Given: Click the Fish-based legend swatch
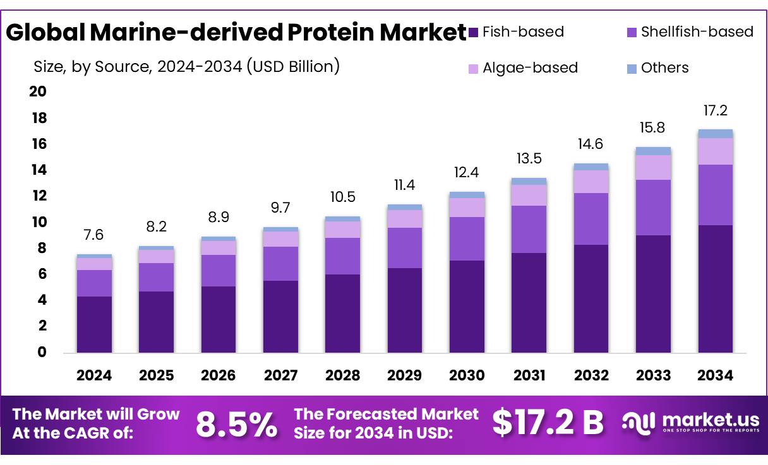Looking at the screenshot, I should (x=473, y=32).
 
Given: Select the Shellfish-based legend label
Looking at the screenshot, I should (x=697, y=32).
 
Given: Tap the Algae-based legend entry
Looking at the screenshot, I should (x=530, y=68).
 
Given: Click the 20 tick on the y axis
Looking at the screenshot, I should (x=38, y=92).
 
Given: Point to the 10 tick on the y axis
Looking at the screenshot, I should (x=38, y=222).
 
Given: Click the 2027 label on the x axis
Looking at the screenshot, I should (x=280, y=375).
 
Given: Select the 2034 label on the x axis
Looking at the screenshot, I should (x=715, y=375).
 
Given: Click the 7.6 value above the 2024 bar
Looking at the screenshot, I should (x=94, y=235).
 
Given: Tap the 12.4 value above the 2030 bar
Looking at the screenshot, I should (x=467, y=172).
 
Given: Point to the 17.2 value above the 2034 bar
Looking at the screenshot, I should (x=716, y=110).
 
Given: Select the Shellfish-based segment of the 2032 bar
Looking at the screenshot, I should (x=591, y=219).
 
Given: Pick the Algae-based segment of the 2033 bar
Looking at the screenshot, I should (x=653, y=167).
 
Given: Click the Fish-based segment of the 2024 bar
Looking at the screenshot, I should (x=94, y=324).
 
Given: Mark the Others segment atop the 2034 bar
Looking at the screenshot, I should (x=715, y=134).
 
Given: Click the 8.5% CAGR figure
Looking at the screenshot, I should (x=236, y=424).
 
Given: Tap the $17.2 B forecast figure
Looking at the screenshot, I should (x=548, y=423).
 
